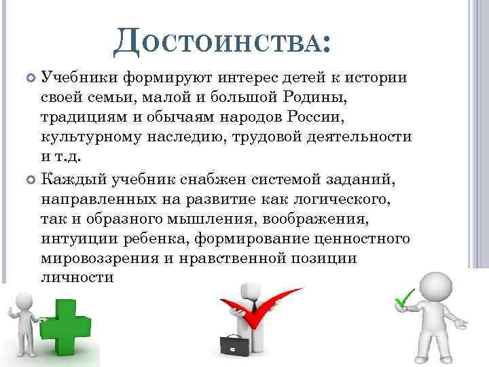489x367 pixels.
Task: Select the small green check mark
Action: [x=405, y=298]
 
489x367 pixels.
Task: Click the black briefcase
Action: [x=234, y=349]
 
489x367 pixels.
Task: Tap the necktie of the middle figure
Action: [x=253, y=309]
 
